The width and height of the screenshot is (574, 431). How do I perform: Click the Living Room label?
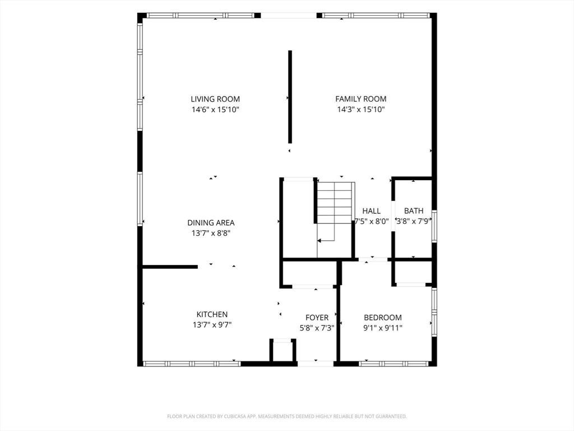(x=215, y=99)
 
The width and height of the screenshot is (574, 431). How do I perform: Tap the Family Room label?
(x=360, y=99)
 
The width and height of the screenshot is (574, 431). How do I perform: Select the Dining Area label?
(x=211, y=222)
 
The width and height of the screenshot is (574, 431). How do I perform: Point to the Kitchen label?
(x=212, y=314)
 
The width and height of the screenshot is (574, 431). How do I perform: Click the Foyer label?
(x=317, y=318)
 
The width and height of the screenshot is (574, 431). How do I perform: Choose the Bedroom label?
(x=382, y=318)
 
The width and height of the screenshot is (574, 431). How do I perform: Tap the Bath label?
(x=414, y=211)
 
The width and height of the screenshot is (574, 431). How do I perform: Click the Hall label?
(x=371, y=211)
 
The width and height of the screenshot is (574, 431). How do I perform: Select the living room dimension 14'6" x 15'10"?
(x=215, y=109)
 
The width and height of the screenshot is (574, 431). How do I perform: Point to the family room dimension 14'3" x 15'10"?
(x=360, y=109)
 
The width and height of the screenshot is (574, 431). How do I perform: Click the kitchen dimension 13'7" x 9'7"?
(x=212, y=325)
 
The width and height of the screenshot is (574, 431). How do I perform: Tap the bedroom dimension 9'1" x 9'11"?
(x=382, y=328)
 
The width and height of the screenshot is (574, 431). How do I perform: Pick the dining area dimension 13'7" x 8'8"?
(x=211, y=233)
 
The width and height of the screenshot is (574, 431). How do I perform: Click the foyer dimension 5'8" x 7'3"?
(x=317, y=328)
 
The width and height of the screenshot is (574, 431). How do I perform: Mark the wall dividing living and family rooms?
(x=290, y=97)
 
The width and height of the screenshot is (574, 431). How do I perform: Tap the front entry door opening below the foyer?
(x=316, y=364)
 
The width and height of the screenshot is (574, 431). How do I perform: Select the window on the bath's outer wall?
(x=434, y=226)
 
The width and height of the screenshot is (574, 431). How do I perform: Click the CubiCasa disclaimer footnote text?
(x=287, y=416)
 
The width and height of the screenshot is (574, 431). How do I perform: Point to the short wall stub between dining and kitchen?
(x=170, y=267)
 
